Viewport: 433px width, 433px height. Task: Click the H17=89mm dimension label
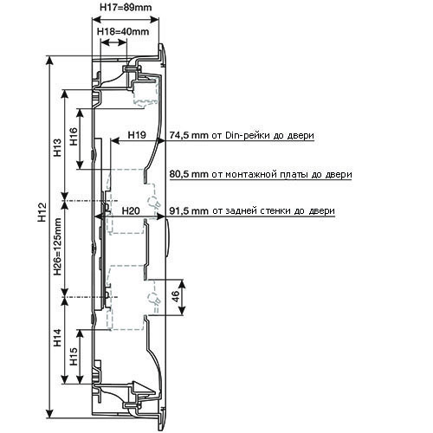126,7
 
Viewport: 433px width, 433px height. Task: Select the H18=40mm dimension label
123,31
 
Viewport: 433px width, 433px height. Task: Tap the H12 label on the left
42,212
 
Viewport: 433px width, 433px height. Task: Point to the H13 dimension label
58,147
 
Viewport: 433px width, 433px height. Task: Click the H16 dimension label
74,136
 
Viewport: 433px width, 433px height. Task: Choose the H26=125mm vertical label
58,247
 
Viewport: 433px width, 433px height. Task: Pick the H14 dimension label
58,338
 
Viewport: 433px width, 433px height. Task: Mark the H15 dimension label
74,356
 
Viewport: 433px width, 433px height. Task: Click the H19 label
138,134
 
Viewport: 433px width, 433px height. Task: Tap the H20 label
131,210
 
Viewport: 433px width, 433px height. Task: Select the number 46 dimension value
175,296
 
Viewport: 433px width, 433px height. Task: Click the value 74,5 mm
189,135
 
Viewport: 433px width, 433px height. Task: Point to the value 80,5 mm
189,174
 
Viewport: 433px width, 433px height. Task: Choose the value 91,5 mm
189,210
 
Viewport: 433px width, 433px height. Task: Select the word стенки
275,211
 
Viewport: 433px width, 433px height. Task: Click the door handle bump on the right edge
166,237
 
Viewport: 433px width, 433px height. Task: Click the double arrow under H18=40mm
113,42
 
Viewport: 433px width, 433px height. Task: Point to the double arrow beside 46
182,297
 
